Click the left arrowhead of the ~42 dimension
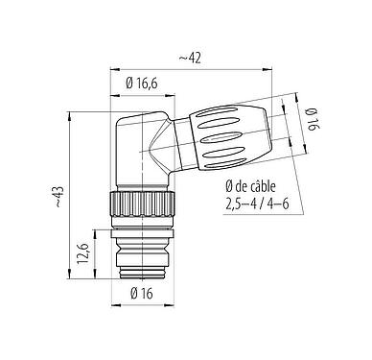(117, 69)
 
